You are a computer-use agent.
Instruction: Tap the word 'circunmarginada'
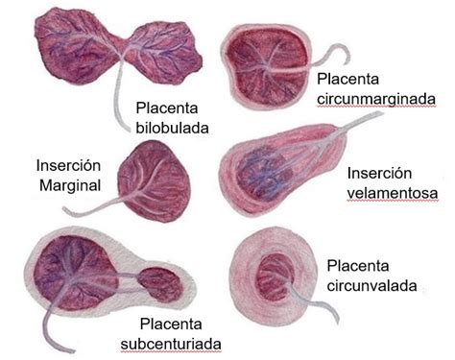tap(375, 99)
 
